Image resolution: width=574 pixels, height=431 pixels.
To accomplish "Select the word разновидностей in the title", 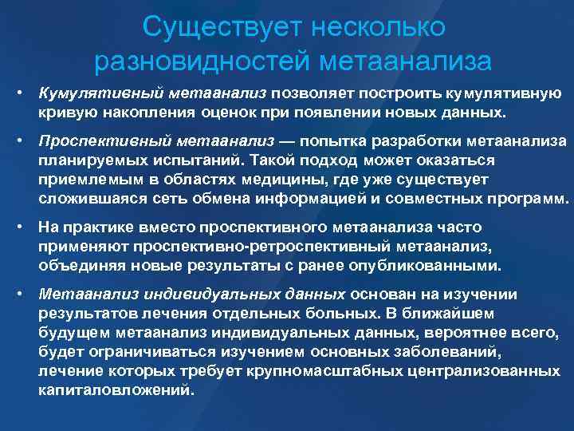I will [202, 60].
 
